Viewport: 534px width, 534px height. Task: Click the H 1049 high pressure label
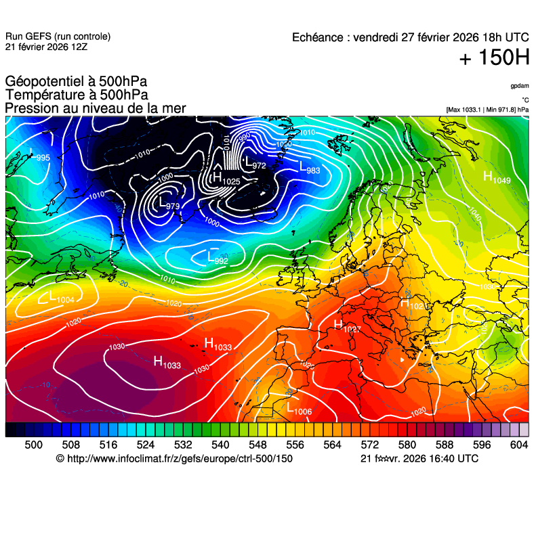point(497,177)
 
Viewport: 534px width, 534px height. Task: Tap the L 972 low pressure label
point(255,163)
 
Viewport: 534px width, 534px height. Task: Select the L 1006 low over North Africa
point(299,409)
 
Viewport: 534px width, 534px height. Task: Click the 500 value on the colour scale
point(33,444)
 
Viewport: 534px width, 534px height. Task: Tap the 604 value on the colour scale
point(518,444)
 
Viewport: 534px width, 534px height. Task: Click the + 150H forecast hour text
point(494,58)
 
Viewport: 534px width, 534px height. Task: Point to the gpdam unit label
point(520,86)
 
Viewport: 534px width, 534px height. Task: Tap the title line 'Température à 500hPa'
point(77,95)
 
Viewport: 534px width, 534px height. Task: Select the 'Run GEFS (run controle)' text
point(58,37)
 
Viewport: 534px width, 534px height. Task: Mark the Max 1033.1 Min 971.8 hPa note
point(487,109)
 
